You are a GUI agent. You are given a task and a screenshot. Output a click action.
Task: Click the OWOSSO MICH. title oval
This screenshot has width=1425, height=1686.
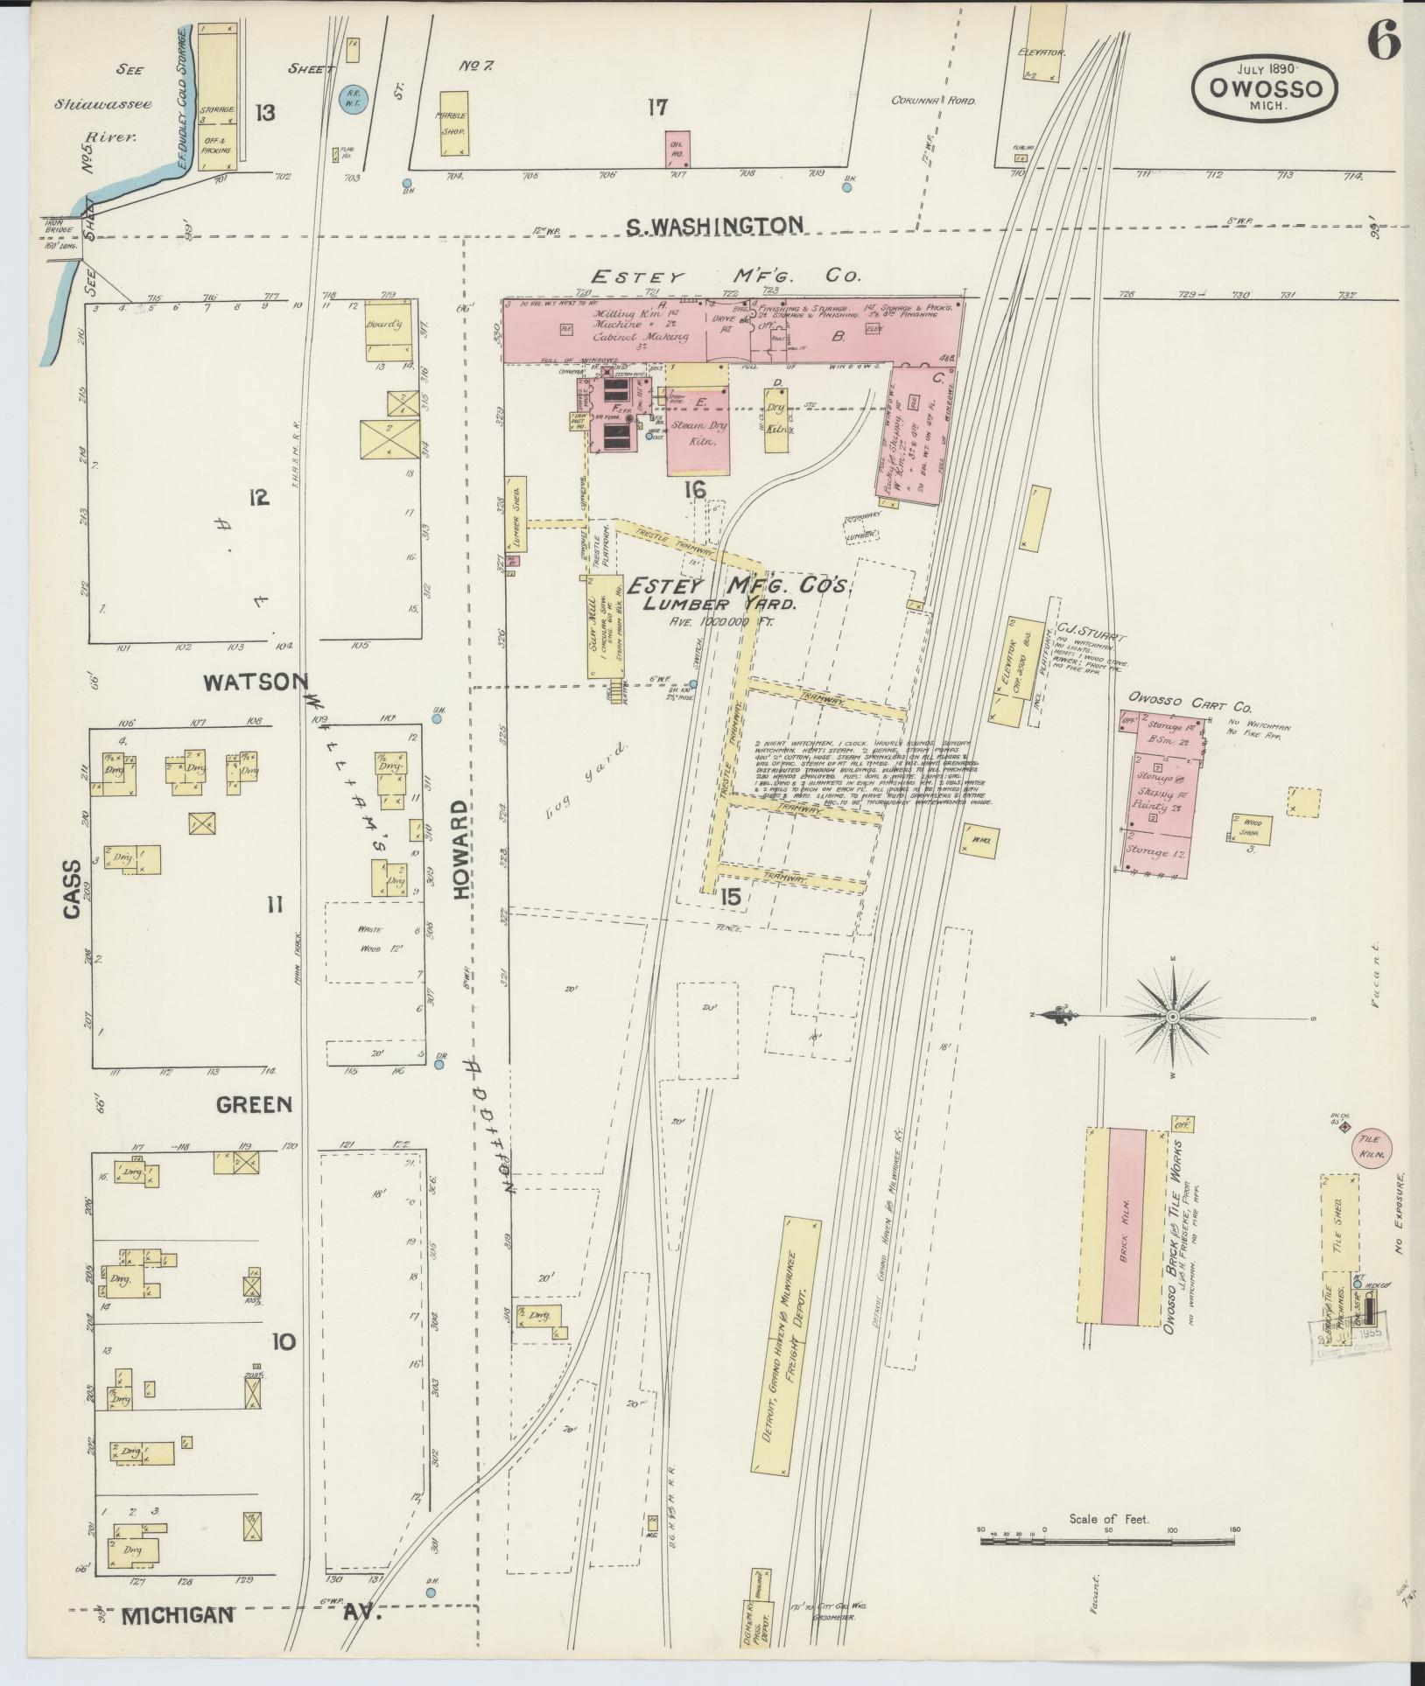tap(1265, 86)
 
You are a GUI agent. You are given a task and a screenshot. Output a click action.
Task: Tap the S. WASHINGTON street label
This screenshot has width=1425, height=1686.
tap(713, 226)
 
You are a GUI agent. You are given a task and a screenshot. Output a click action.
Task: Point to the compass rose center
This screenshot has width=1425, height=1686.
tap(1172, 1016)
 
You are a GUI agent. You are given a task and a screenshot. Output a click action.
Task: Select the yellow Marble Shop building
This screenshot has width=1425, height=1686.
tap(452, 124)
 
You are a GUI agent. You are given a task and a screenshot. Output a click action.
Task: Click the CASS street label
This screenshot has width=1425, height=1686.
tap(72, 889)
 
